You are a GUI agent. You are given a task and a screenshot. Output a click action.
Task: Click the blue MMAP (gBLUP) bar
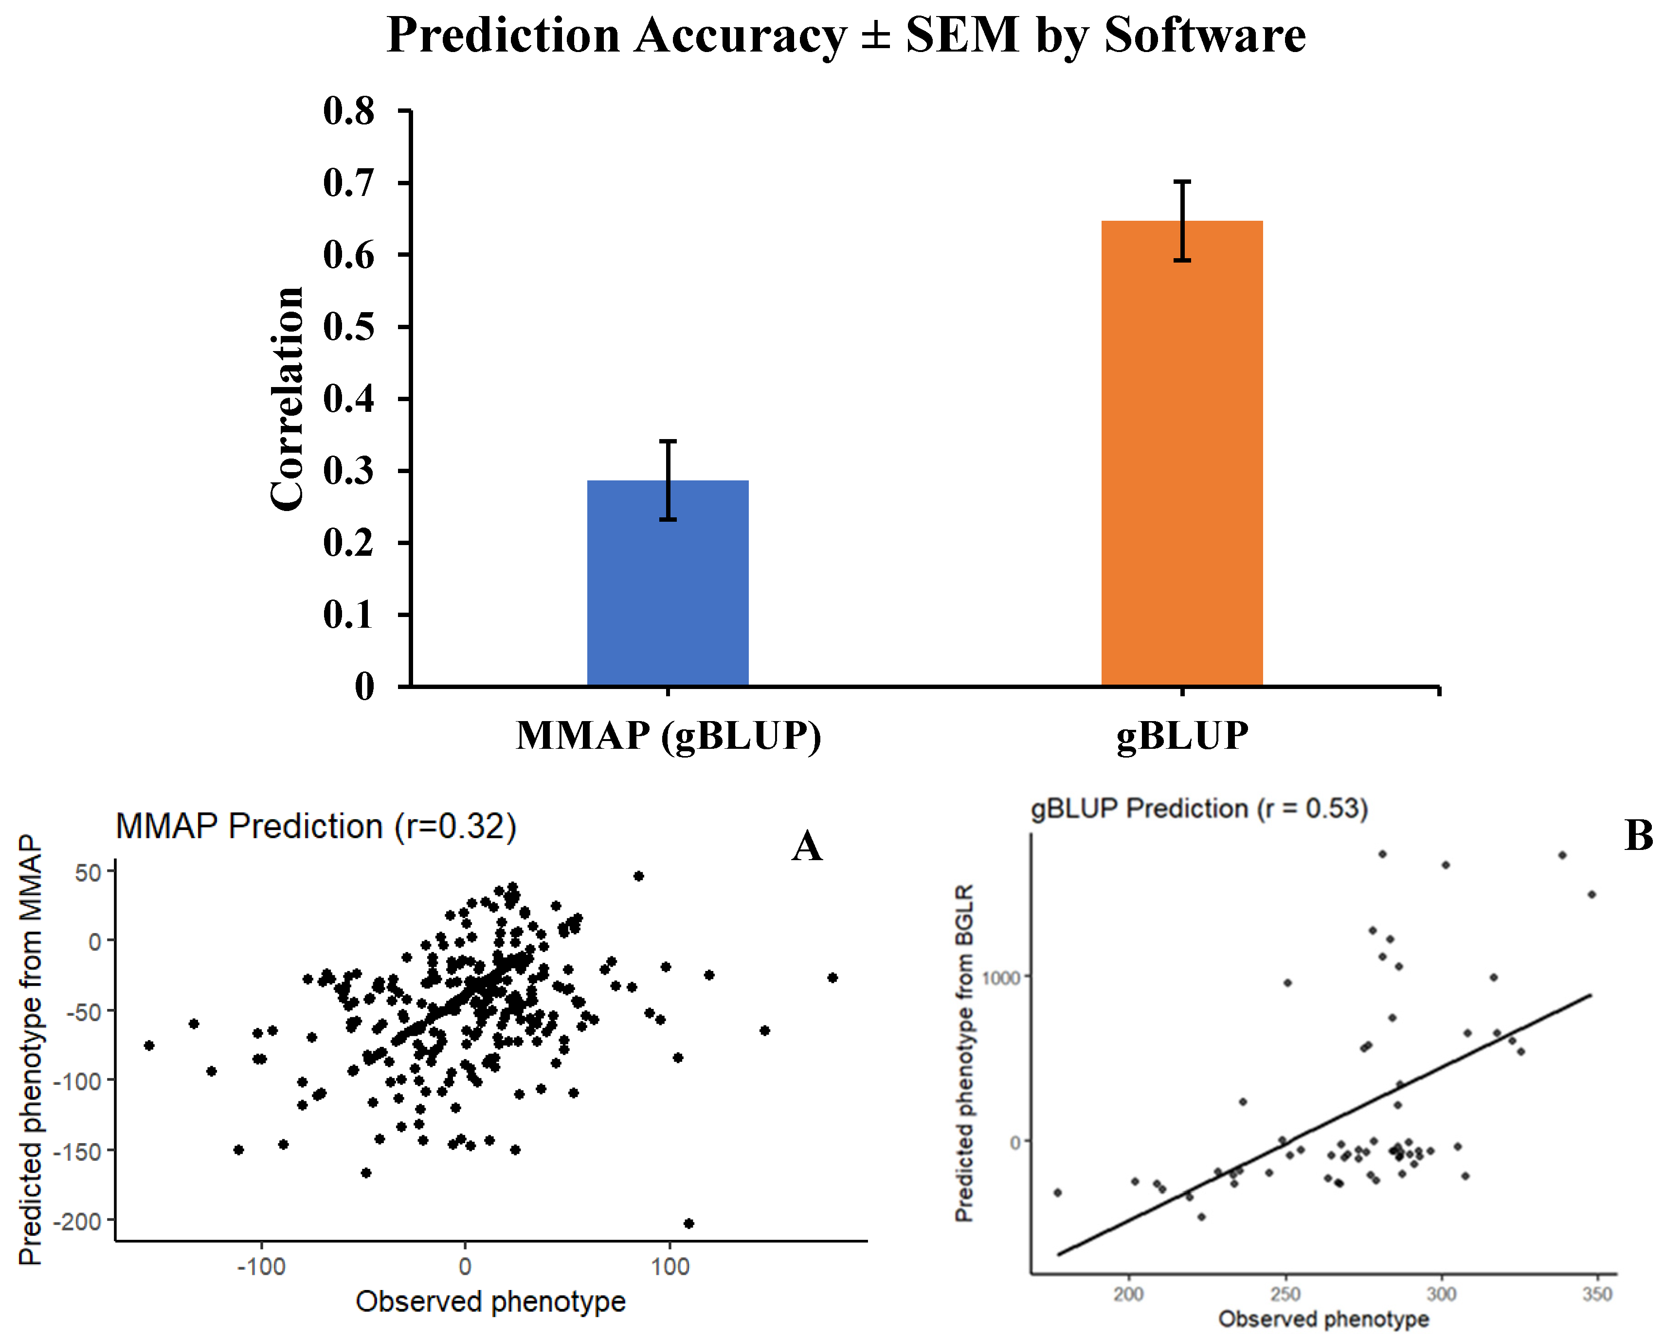(x=668, y=583)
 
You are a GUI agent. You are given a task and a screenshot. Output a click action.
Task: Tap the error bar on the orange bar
(x=1182, y=220)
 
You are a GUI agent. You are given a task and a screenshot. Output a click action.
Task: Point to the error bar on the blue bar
(x=668, y=480)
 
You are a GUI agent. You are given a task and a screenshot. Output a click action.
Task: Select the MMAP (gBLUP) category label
(x=668, y=735)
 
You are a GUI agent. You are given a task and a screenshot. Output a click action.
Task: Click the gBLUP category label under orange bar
(x=1182, y=735)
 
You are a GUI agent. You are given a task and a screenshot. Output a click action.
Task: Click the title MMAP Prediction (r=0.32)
(x=315, y=827)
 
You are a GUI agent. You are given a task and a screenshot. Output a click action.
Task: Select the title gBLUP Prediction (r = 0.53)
(x=1199, y=809)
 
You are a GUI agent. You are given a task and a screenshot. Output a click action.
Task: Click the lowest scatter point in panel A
(x=688, y=1223)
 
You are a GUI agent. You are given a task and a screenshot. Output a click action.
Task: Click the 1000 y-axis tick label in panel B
(x=1001, y=978)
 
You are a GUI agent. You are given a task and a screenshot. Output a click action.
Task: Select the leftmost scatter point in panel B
(x=1057, y=1193)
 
